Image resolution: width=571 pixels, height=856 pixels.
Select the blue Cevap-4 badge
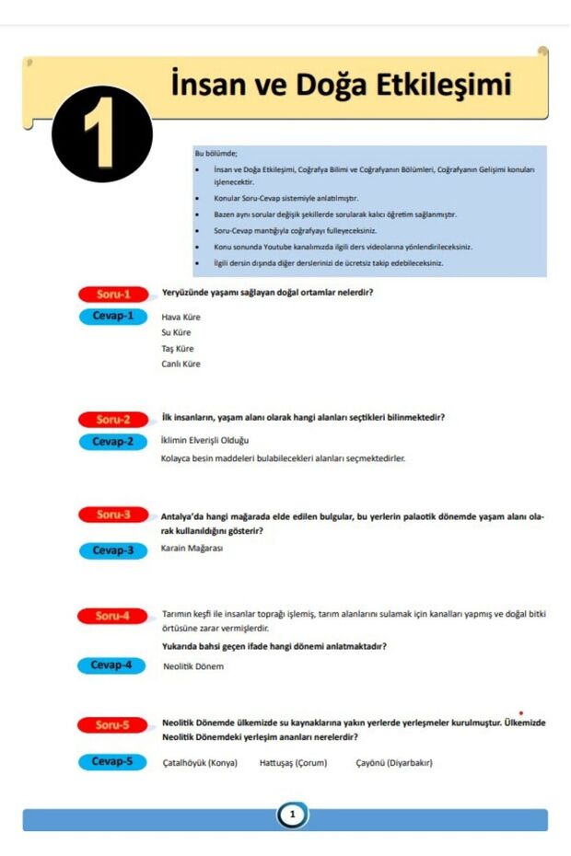point(111,665)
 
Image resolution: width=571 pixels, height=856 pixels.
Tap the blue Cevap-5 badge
point(112,761)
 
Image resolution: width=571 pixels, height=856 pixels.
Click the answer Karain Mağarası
point(192,549)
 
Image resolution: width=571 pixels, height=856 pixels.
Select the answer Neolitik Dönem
point(192,666)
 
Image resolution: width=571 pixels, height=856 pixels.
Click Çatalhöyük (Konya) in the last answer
point(199,762)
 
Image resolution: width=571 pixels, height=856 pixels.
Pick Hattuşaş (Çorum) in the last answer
point(293,762)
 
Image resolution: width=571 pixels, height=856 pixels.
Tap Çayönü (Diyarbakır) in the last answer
point(394,762)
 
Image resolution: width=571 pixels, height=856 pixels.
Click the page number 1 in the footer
point(292,815)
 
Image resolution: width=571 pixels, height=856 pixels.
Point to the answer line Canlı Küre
point(181,364)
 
